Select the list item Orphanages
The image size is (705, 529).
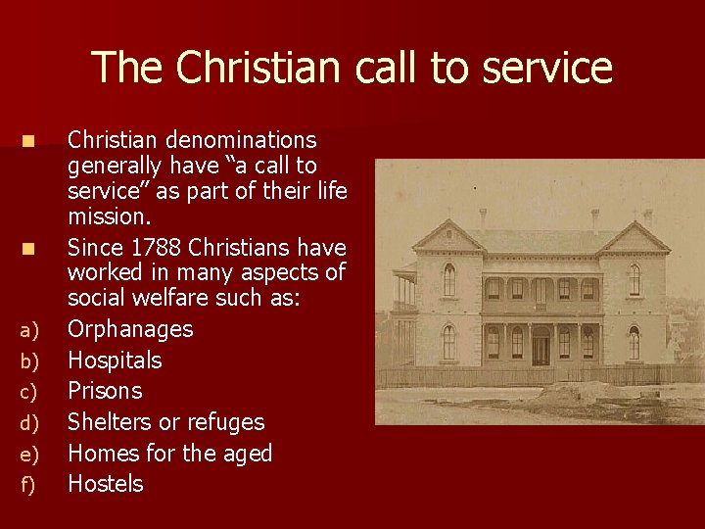click(130, 329)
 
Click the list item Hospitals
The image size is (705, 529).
click(115, 361)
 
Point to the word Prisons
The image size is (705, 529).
click(105, 391)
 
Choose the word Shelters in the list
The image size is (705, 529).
click(110, 422)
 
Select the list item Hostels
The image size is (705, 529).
click(105, 484)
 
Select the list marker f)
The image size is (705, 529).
click(28, 485)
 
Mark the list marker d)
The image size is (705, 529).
click(29, 423)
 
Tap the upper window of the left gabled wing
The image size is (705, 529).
click(448, 280)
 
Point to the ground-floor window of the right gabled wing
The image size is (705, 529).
click(634, 343)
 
